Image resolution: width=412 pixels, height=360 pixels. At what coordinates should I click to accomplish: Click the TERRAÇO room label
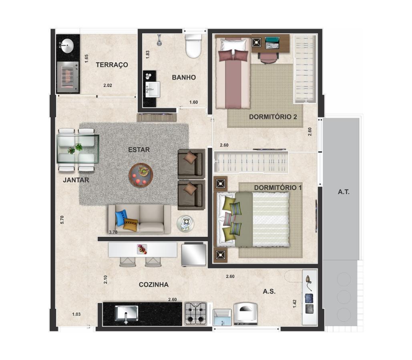112,65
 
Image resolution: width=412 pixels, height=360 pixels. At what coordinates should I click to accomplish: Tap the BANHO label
184,78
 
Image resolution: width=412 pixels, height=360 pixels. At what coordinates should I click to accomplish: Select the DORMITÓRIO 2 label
273,117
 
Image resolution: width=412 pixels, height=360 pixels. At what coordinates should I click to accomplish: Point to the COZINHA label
154,285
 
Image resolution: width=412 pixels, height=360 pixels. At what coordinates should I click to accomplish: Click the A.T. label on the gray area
344,192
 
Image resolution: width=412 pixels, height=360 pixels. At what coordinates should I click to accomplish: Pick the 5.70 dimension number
62,220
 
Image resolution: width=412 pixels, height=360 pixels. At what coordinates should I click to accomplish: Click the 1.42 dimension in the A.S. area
295,304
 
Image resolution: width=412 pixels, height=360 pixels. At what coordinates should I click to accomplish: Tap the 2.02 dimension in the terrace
108,85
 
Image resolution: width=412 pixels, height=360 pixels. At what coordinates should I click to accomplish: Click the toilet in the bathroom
193,46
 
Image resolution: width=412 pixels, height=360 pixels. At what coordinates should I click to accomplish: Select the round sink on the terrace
67,46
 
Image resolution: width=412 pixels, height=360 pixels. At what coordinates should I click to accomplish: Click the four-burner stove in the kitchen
196,313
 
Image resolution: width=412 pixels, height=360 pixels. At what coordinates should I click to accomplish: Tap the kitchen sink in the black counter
127,314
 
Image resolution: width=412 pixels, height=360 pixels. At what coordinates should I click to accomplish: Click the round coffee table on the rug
141,175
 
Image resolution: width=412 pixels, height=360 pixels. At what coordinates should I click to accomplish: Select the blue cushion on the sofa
121,218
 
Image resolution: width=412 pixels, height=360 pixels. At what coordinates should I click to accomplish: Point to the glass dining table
78,149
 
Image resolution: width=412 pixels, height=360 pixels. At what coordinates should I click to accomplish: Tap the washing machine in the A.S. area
246,314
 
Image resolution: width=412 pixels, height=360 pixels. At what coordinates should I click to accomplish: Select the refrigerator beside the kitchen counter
194,254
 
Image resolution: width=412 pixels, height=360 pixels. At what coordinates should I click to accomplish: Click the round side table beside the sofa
185,223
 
